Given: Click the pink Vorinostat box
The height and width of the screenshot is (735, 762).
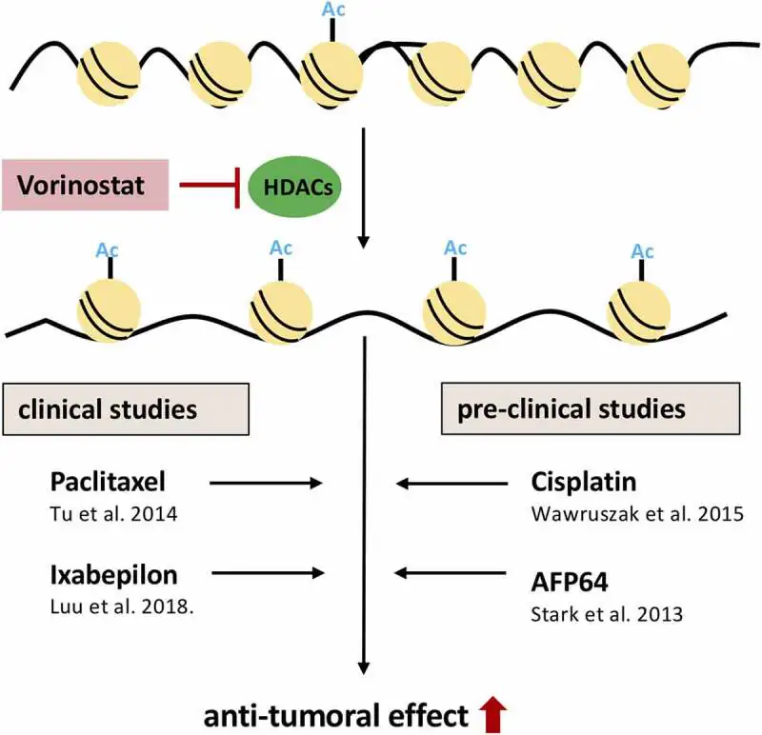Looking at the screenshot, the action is pos(85,185).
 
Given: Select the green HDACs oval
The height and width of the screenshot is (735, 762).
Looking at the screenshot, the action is pos(294,187).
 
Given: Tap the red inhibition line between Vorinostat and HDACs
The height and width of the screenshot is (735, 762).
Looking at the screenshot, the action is pos(210,185).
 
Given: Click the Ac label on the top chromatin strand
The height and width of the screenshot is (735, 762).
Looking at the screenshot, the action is pos(333,10).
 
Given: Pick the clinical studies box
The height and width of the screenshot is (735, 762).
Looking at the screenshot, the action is pos(126,409).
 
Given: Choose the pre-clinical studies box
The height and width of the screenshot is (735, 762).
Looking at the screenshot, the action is pos(591,408).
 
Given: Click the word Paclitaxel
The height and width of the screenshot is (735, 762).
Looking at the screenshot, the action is pos(108,482).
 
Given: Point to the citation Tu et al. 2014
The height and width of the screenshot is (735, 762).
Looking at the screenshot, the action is pos(113,514).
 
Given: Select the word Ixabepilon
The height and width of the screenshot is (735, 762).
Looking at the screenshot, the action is pos(113,576).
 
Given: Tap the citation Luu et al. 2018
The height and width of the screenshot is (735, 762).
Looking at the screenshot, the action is pos(122,606).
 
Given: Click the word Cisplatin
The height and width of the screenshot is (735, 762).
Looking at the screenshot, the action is pos(584,482).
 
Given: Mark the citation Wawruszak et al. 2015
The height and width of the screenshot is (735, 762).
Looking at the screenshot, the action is pos(637,514).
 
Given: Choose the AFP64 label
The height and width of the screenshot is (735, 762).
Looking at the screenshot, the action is pos(569,582).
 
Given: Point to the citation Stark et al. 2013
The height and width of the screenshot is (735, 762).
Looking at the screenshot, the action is pos(607,614).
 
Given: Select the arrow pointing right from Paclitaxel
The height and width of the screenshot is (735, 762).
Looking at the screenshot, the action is pos(266,483).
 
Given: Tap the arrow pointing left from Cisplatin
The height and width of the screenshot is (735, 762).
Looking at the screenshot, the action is pos(451,484).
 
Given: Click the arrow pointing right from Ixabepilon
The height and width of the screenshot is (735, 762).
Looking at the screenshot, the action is pos(268,573).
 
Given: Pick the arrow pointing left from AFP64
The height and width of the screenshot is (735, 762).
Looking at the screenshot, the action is pos(450,573).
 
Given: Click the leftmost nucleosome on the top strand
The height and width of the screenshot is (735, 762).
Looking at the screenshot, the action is pos(109,73).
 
